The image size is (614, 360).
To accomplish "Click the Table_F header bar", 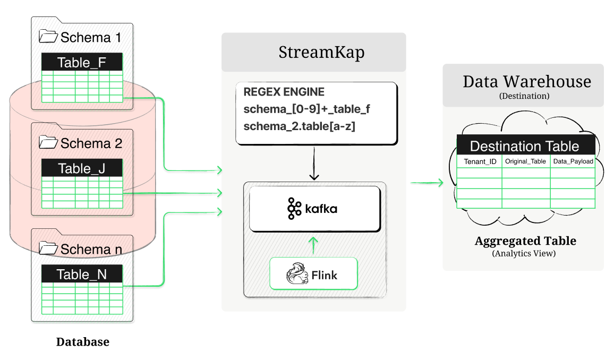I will coord(82,63).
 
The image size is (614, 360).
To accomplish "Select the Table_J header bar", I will coord(82,168).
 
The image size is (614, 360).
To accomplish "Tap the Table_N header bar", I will coord(82,274).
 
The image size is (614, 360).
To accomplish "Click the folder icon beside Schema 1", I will coord(48,37).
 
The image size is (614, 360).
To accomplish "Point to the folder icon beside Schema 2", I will coord(48,142).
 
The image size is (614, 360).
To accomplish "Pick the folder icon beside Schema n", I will coord(48,248).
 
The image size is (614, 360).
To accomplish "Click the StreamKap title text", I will coord(313,53).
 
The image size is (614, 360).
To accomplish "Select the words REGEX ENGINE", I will coord(284,92).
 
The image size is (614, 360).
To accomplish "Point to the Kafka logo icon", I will coord(294,209).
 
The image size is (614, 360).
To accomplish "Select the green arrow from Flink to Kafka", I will coord(313,245).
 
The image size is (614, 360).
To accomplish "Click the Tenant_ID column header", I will coord(480,161).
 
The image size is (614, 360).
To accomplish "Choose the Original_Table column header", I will coord(526,161).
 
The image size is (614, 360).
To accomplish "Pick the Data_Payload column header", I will coord(573,161).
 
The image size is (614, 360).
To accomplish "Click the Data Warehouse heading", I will coord(526,81).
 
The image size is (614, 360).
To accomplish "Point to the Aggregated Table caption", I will coord(525,241).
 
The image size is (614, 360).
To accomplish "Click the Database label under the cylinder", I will coord(83,342).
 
